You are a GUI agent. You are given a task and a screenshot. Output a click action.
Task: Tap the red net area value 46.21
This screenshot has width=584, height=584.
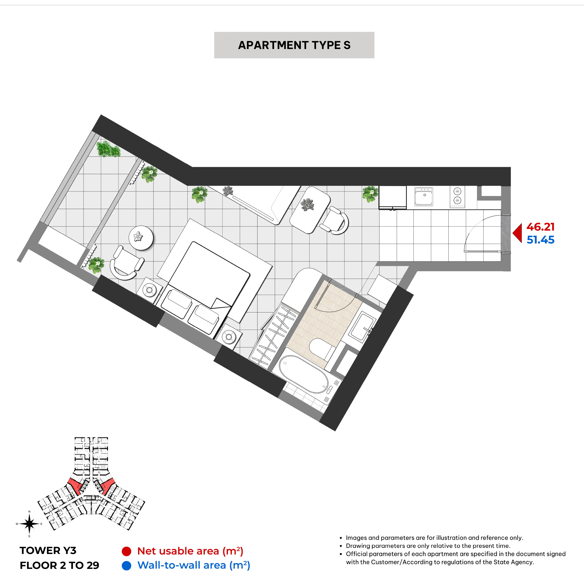[x=541, y=227]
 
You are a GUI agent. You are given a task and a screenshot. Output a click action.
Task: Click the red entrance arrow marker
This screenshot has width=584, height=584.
[x=518, y=233]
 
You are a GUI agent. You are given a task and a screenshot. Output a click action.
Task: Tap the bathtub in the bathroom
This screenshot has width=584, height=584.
[x=305, y=374]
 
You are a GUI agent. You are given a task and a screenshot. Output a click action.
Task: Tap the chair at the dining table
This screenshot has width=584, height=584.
[x=334, y=220]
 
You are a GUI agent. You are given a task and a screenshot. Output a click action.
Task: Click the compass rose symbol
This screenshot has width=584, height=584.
[x=29, y=524]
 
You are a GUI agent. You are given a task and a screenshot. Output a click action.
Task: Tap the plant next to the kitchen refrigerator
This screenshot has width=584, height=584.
[x=370, y=194]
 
